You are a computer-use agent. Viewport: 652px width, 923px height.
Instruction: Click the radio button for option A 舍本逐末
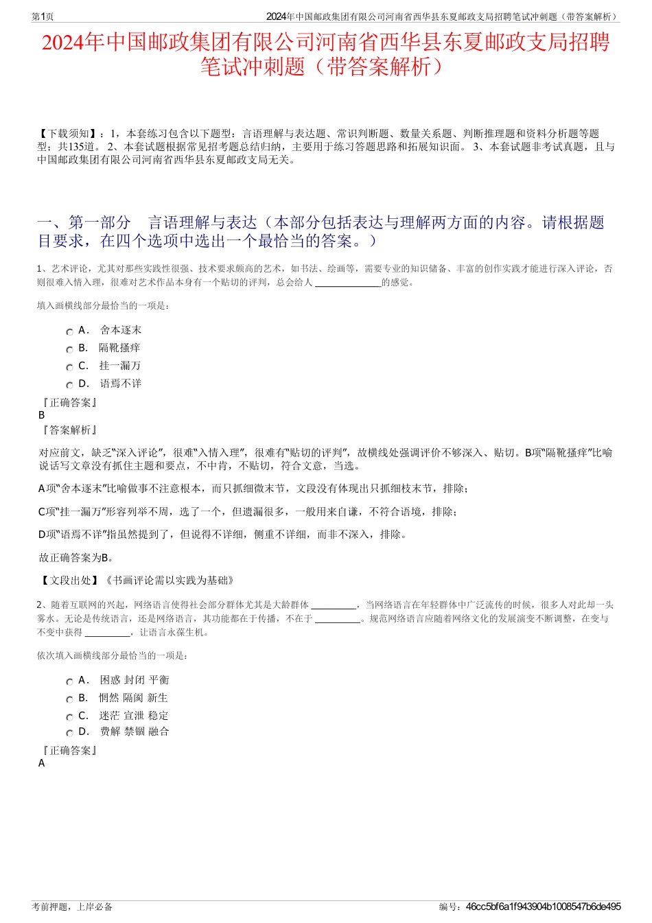69,331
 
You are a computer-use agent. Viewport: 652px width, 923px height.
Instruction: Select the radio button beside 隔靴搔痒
69,349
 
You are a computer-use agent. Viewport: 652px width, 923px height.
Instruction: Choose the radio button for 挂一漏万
69,367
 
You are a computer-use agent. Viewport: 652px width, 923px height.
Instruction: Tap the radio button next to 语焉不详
69,385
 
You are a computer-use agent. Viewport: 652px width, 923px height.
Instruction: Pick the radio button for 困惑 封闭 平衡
69,681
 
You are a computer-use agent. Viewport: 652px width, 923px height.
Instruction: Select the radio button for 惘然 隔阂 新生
69,699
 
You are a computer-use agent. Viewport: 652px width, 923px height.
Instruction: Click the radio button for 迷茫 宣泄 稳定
69,717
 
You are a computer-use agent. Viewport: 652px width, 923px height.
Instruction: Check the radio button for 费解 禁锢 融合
69,733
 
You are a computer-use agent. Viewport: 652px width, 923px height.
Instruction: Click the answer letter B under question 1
42,415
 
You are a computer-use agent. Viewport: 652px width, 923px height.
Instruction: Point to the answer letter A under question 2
42,763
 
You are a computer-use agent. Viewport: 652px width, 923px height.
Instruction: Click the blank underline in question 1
347,283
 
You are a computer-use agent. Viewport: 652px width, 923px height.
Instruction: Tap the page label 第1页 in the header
43,16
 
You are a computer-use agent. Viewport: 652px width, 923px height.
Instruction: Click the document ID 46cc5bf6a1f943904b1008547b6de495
543,907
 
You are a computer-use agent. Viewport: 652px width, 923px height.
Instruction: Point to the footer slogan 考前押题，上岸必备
72,907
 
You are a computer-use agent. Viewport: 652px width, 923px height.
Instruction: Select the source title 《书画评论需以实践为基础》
169,581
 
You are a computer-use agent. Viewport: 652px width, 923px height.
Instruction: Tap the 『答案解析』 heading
69,430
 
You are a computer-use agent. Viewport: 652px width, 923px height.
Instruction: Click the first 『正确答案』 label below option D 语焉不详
69,403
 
